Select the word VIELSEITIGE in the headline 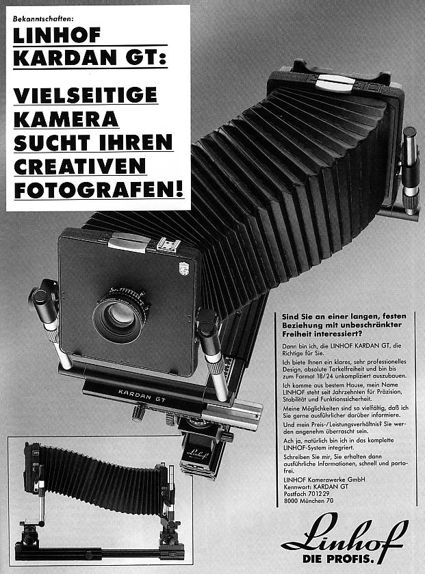click(x=85, y=95)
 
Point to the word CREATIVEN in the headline click(x=79, y=166)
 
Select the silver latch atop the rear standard click(x=335, y=80)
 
